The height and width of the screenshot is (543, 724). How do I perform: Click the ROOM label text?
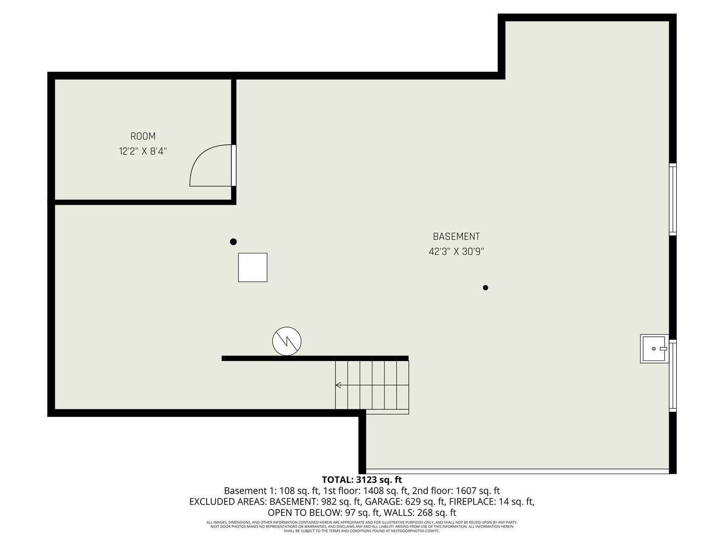143,136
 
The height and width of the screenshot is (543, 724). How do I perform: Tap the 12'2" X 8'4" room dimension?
143,151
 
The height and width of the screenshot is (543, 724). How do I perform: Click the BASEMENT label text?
456,236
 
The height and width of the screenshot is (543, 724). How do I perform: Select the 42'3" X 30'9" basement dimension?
456,252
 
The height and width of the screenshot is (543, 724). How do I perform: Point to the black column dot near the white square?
233,242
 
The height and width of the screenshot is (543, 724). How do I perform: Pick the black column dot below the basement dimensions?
485,288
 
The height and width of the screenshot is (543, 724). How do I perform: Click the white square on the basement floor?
252,267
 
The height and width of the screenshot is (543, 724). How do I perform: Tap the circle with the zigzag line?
287,341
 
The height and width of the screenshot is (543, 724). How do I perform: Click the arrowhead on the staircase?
338,385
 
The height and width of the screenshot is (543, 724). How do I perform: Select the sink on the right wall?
654,348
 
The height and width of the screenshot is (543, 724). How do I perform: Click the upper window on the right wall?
673,199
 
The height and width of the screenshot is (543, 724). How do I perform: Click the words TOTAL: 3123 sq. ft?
361,480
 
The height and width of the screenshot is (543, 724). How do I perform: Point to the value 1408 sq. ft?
384,491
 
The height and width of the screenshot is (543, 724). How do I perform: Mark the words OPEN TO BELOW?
304,513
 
